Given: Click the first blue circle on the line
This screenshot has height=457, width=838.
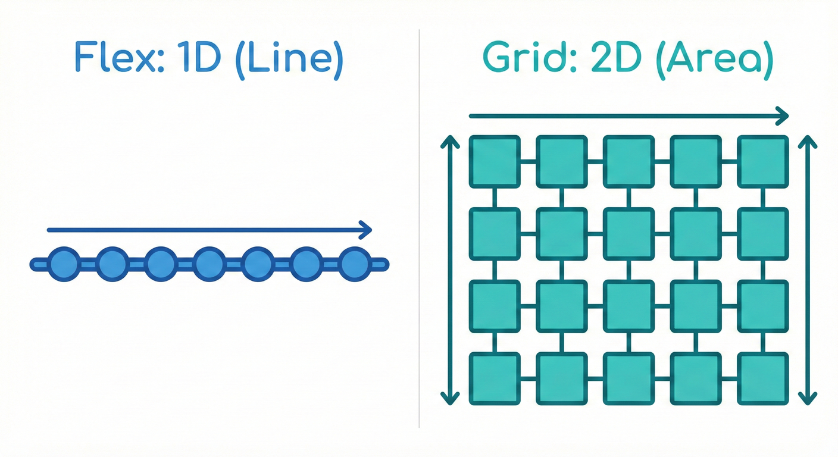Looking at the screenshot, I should click(x=63, y=264).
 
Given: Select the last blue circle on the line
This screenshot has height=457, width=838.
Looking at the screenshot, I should click(x=355, y=264).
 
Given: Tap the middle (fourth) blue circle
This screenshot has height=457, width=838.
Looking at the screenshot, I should click(x=209, y=264).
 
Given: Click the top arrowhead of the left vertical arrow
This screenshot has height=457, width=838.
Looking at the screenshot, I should click(x=450, y=142).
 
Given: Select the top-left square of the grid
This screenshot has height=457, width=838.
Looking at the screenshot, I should click(x=495, y=161).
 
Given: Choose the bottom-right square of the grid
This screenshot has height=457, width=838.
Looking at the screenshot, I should click(x=762, y=378).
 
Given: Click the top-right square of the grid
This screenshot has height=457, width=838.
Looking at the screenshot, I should click(x=762, y=161).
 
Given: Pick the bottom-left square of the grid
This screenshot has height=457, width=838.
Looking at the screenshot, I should click(x=495, y=378).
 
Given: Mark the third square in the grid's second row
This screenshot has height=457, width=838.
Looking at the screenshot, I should click(x=628, y=233).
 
